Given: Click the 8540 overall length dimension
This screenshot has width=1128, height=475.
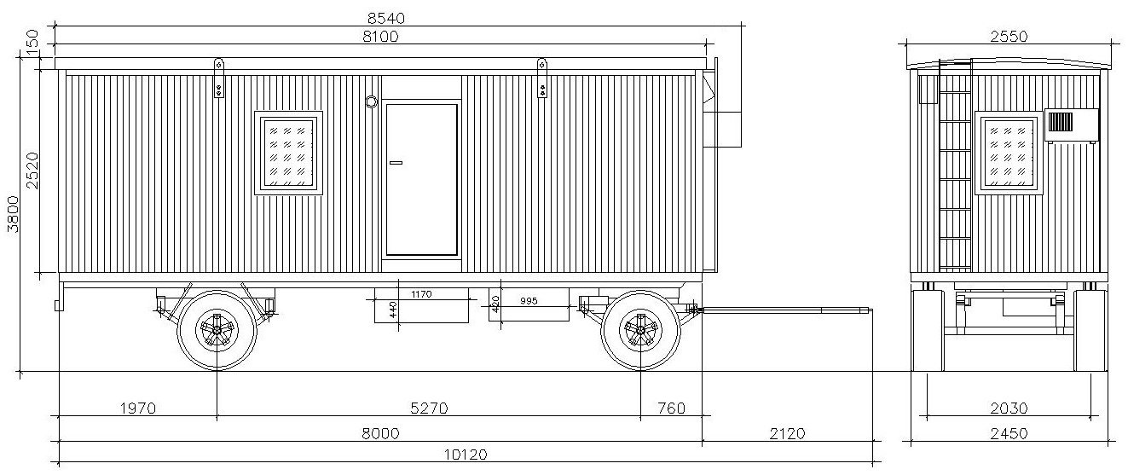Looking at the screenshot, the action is click(385, 19).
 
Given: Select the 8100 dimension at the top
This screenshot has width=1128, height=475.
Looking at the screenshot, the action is click(381, 37).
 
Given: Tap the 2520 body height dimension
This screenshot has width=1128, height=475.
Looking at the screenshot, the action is click(32, 171).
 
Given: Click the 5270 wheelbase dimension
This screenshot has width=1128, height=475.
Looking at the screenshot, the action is click(429, 408).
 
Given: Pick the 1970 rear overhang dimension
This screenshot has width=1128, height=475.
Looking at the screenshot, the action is click(138, 408).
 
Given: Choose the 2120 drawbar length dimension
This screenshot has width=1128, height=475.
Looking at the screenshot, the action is click(788, 433).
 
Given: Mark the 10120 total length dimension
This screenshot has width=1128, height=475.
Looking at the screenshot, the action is click(466, 455).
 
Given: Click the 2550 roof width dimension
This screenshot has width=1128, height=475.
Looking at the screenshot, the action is click(1009, 37).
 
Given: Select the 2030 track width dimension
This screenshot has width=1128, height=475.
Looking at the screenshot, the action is click(1009, 408).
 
